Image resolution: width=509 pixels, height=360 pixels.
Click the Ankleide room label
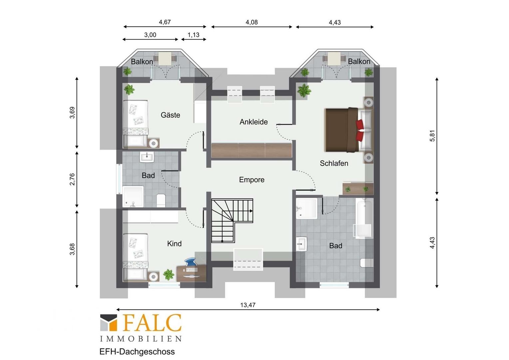[x=254, y=122]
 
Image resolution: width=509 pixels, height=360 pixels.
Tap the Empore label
[x=252, y=180]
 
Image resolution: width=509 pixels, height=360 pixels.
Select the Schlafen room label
[x=334, y=163]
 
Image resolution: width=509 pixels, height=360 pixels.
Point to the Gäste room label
[x=171, y=115]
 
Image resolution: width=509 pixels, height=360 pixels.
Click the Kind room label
[x=174, y=244]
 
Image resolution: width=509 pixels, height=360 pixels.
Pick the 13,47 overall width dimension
[x=248, y=305]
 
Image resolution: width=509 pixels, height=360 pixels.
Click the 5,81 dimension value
[x=432, y=136]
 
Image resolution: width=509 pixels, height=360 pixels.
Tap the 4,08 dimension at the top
[x=252, y=22]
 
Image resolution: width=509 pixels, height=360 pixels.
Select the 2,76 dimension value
[x=72, y=179]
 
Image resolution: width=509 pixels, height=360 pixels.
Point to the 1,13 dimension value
[x=194, y=35]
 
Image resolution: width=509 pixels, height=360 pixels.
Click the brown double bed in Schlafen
[x=349, y=130]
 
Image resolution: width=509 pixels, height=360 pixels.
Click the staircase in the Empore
[x=232, y=221]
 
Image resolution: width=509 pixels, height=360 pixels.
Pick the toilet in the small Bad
[x=161, y=200]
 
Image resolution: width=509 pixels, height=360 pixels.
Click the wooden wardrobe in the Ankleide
[x=252, y=150]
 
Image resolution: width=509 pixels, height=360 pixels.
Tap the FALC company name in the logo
[x=153, y=323]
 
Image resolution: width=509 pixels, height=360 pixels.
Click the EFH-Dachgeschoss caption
[x=137, y=352]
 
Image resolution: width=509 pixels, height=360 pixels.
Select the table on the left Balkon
[x=165, y=58]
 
